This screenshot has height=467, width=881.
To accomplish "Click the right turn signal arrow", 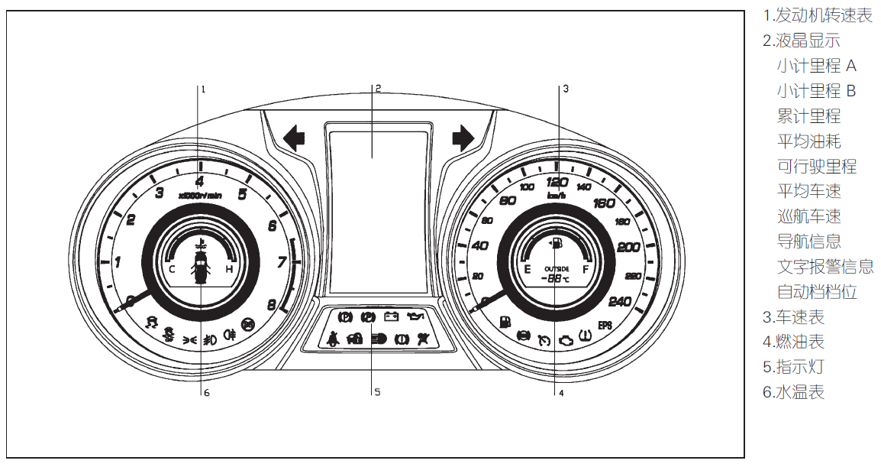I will [463, 138].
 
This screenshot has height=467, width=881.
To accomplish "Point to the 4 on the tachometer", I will [199, 182].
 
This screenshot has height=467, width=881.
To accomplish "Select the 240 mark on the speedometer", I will [619, 301].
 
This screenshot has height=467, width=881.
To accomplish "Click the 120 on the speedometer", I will [557, 182].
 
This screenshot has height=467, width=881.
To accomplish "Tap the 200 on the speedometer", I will [629, 247].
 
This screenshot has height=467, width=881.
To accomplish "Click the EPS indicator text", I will [605, 324].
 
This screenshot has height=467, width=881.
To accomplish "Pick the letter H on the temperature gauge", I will [228, 269].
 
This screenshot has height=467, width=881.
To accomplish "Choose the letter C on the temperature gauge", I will [172, 269].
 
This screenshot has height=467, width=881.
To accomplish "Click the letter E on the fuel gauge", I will [527, 269].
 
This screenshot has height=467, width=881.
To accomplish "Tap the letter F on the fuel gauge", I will [586, 269].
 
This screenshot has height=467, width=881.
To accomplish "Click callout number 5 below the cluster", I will [376, 393].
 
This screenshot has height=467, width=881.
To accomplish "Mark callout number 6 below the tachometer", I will [205, 393].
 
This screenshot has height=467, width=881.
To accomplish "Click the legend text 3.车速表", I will [793, 317].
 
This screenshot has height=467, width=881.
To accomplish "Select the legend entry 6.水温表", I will [793, 392].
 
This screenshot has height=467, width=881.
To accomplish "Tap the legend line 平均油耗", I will [808, 141].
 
